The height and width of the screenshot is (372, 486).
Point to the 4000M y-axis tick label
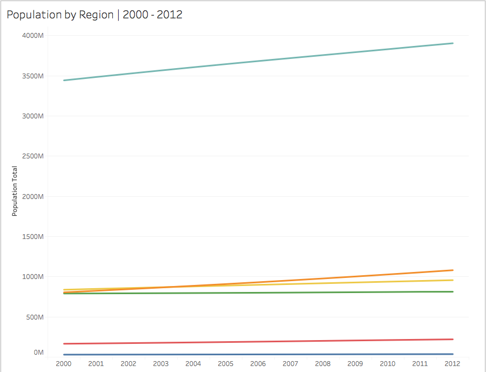pyautogui.click(x=32, y=36)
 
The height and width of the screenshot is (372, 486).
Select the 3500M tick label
pyautogui.click(x=32, y=76)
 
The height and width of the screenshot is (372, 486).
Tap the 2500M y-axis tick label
pyautogui.click(x=32, y=156)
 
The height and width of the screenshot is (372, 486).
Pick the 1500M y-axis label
pyautogui.click(x=32, y=237)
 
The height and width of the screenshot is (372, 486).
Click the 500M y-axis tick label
pyautogui.click(x=34, y=317)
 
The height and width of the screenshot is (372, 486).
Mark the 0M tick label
pyautogui.click(x=38, y=353)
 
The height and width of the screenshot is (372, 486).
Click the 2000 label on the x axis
pyautogui.click(x=64, y=364)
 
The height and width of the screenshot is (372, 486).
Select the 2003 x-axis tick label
pyautogui.click(x=161, y=364)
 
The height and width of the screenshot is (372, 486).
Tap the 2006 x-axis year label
pyautogui.click(x=258, y=364)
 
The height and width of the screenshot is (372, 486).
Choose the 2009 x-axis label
pyautogui.click(x=355, y=364)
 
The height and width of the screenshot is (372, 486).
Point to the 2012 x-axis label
pyautogui.click(x=453, y=364)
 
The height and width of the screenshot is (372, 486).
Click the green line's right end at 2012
pyautogui.click(x=453, y=291)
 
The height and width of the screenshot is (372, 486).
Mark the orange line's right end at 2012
pyautogui.click(x=453, y=270)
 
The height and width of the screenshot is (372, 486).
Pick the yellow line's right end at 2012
pyautogui.click(x=453, y=280)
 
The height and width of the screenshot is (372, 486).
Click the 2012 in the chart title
pyautogui.click(x=171, y=15)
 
